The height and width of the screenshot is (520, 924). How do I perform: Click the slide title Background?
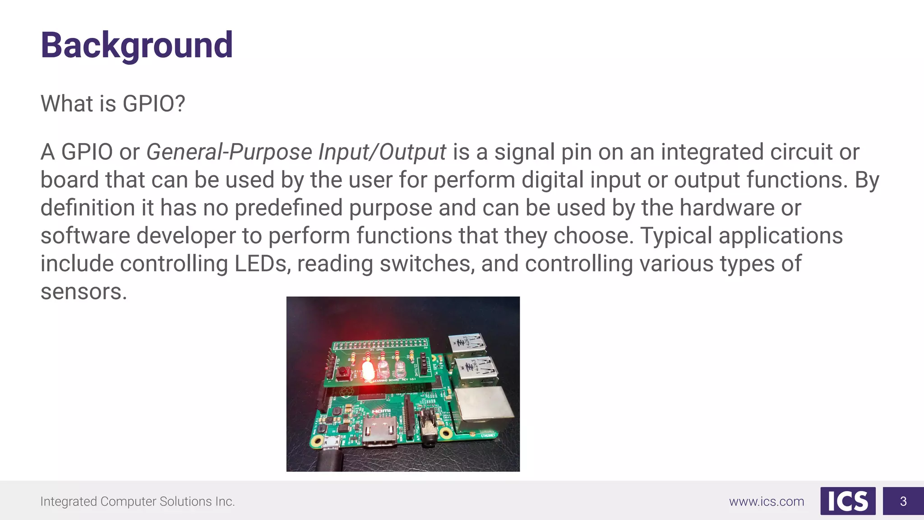click(137, 45)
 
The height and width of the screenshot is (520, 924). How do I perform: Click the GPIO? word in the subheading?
click(154, 104)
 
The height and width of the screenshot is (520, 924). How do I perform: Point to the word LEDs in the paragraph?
click(260, 264)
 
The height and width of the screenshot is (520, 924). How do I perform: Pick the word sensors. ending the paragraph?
click(84, 292)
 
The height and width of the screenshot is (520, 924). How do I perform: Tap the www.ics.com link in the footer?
click(767, 501)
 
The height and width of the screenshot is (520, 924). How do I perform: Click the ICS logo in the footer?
click(848, 501)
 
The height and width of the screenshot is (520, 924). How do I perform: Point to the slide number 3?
click(903, 501)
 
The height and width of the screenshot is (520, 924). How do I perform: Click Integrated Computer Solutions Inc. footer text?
click(138, 501)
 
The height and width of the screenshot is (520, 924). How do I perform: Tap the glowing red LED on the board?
click(368, 371)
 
